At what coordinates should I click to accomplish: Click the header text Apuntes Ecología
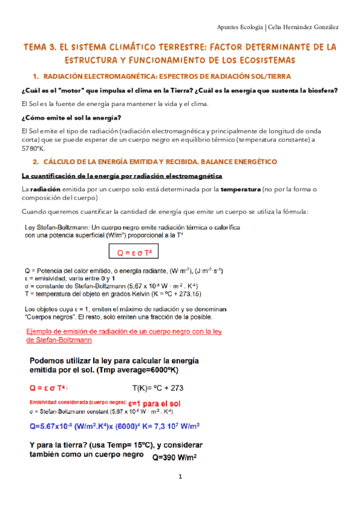[x=239, y=27]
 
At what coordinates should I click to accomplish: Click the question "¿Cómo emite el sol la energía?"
[x=71, y=117]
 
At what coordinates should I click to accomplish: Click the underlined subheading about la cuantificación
[x=122, y=176]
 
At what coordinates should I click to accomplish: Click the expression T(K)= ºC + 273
[x=157, y=388]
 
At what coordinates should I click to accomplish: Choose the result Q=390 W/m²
[x=175, y=456]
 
